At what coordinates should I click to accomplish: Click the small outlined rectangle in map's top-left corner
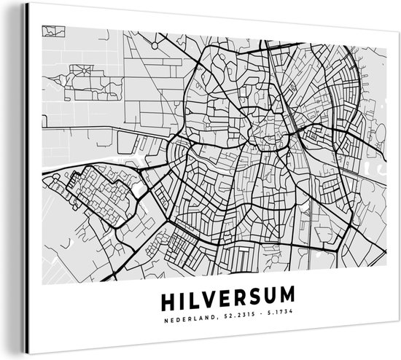coord(50,31)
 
